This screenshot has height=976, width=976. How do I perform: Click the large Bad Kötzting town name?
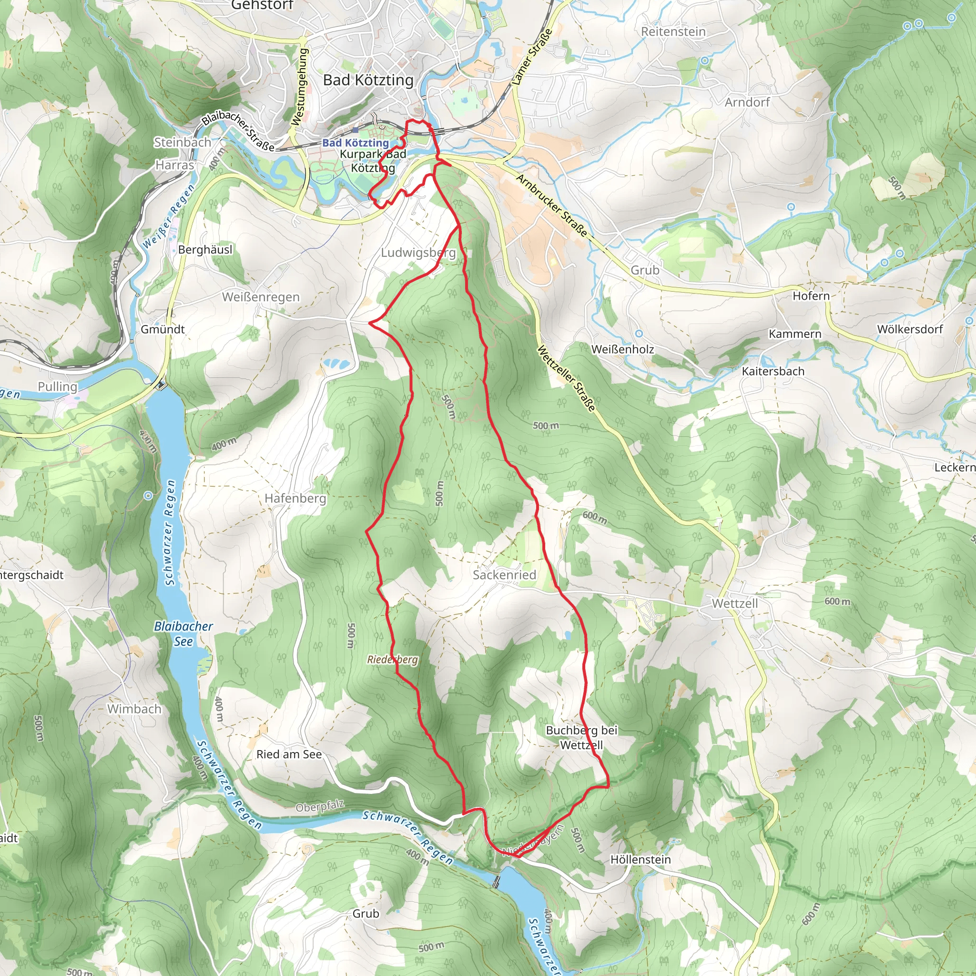368,80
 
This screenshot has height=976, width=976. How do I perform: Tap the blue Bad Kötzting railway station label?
356,143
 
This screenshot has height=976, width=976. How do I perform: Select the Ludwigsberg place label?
418,253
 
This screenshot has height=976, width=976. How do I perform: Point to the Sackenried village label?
504,575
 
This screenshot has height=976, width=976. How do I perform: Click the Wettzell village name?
734,603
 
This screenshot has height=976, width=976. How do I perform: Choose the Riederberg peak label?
393,660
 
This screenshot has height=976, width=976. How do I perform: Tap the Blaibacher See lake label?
183,633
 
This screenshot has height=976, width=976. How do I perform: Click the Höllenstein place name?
640,859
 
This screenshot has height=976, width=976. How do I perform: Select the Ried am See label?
289,754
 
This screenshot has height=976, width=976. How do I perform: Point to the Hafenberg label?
295,498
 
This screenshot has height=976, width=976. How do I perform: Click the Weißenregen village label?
261,297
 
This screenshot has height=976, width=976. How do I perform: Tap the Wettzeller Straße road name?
565,378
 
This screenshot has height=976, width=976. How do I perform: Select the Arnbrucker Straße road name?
552,205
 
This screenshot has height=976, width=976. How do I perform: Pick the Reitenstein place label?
673,31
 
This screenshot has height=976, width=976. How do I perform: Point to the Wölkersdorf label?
910,329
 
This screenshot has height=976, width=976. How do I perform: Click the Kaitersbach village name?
773,371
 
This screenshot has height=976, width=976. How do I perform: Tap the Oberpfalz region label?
320,806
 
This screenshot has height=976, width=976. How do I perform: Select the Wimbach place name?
134,709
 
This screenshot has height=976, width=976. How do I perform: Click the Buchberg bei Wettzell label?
581,738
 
